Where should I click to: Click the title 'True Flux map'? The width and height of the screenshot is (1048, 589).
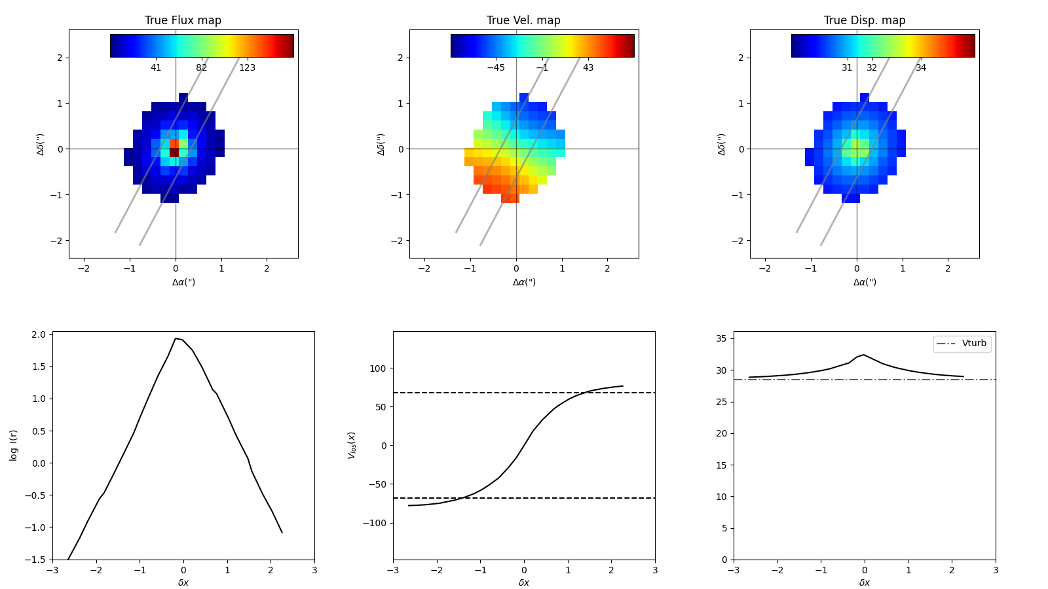[x=183, y=20]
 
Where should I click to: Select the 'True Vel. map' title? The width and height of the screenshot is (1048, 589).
[x=523, y=20]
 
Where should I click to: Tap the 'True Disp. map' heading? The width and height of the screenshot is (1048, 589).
[x=865, y=20]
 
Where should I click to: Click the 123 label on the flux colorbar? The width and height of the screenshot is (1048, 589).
[x=247, y=67]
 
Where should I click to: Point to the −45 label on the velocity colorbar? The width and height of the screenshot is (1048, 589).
[x=496, y=67]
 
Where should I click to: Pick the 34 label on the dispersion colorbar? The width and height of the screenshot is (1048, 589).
[x=921, y=67]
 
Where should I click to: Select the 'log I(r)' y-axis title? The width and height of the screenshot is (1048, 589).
[x=14, y=445]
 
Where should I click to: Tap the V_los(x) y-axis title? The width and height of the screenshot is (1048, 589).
[x=352, y=445]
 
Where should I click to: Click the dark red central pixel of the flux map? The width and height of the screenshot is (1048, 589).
[x=174, y=152]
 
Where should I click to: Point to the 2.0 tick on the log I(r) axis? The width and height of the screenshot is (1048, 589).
[x=39, y=334]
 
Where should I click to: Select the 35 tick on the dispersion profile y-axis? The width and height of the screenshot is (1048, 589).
[x=721, y=338]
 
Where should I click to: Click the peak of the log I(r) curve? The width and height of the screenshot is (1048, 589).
[x=176, y=338]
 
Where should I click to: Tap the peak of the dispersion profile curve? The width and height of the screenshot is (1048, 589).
[x=864, y=355]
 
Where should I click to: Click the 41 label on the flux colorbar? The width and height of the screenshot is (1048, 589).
[x=156, y=67]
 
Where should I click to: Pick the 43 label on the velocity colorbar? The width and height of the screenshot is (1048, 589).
[x=588, y=67]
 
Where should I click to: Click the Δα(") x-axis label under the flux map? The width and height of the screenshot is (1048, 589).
[x=183, y=282]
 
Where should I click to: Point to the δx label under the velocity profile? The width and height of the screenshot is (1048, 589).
[x=524, y=582]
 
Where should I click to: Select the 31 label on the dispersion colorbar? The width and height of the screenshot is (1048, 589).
[x=847, y=67]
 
